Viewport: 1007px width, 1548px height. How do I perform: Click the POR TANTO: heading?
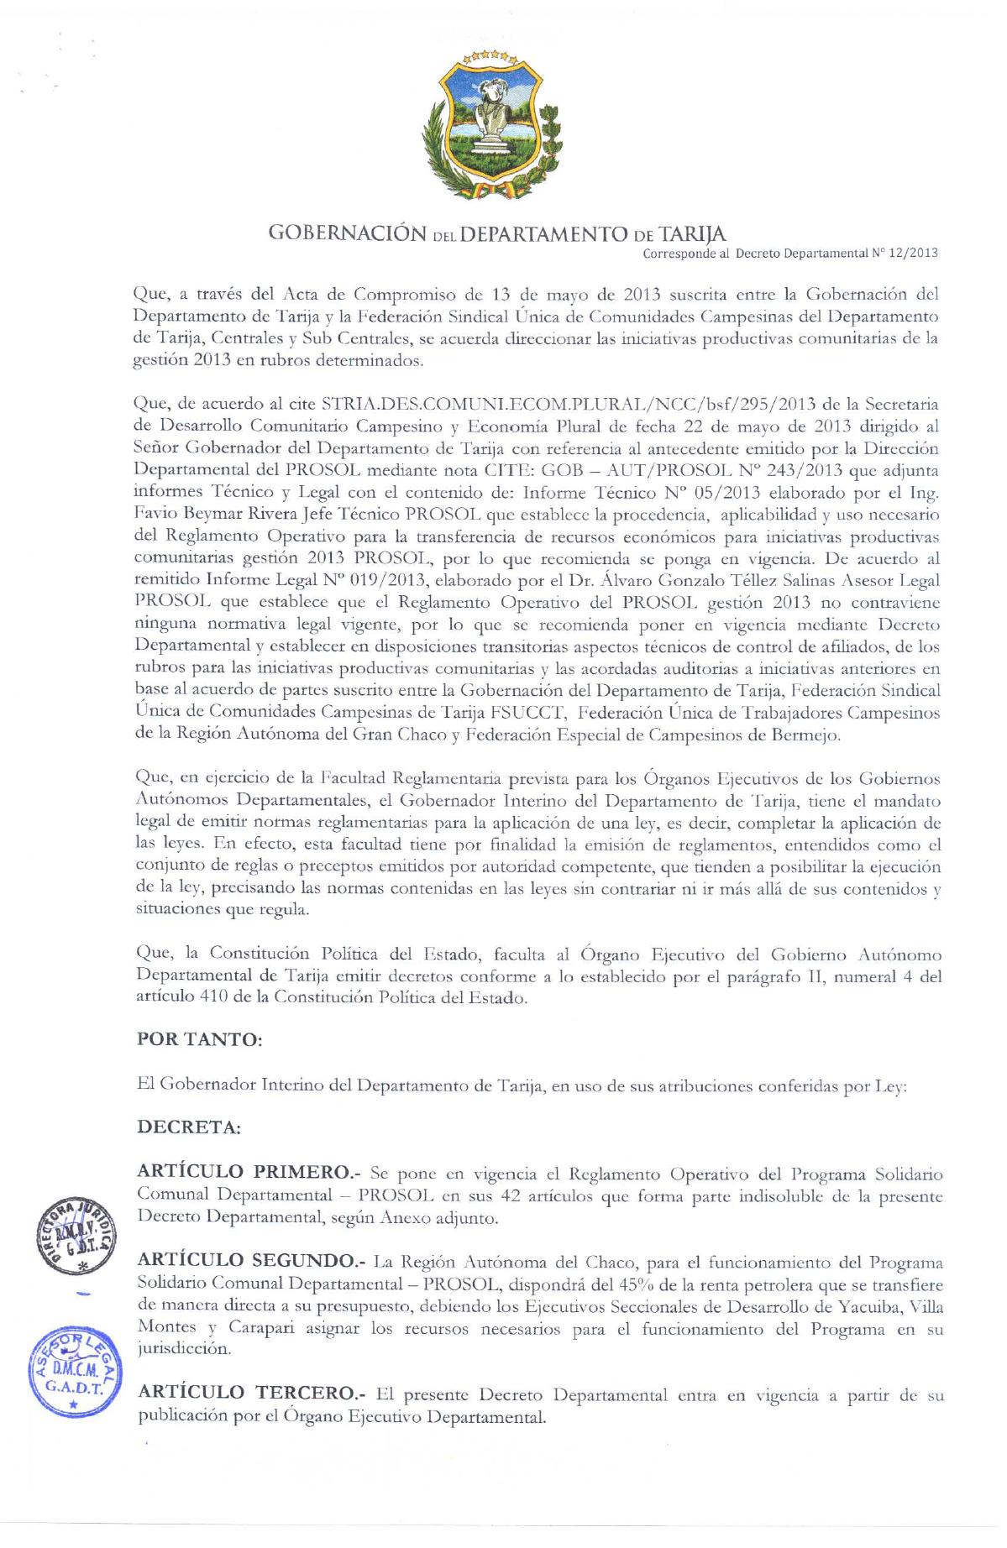(200, 1039)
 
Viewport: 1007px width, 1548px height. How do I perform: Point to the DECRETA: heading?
(189, 1127)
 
